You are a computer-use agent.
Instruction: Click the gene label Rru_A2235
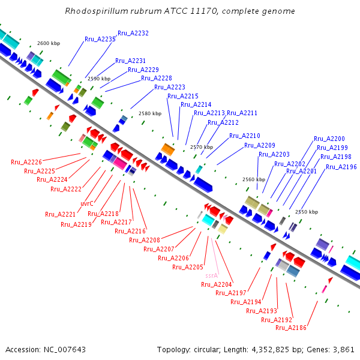[100, 39]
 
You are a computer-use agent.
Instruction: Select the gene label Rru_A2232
[133, 33]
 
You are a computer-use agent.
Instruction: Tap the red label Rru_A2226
[26, 162]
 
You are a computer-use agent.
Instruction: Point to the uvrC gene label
[86, 203]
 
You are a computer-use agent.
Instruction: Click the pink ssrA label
[211, 275]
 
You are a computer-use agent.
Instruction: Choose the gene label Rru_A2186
[291, 328]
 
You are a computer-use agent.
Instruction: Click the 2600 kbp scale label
[49, 44]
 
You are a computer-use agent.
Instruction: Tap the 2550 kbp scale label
[307, 212]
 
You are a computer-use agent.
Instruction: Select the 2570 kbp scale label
[201, 147]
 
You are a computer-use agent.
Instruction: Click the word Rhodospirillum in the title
[95, 11]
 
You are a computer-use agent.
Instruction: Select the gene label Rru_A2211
[242, 113]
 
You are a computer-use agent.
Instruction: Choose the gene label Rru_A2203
[274, 154]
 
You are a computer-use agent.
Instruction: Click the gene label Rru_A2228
[157, 78]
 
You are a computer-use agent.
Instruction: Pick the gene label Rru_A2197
[231, 293]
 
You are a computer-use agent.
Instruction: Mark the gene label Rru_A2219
[76, 224]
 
